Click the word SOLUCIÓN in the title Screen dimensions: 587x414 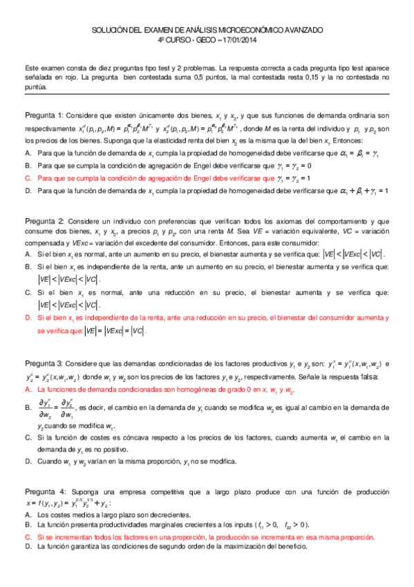(x=111, y=31)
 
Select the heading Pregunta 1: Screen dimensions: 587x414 (x=44, y=114)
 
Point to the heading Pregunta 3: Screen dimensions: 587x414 (x=44, y=363)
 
